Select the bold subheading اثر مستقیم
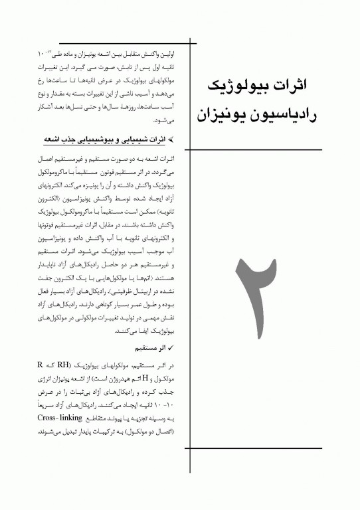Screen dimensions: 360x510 [x=151, y=346]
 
